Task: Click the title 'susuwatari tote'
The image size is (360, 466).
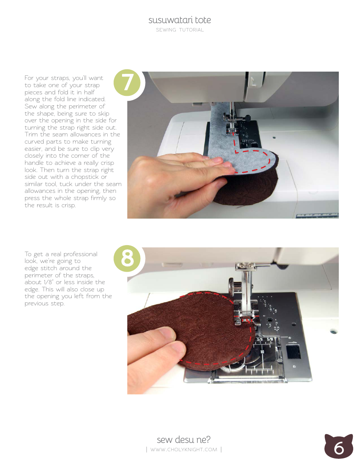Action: point(180,20)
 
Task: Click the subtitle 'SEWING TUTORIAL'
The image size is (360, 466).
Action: point(180,30)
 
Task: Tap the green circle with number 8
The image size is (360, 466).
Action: point(127,259)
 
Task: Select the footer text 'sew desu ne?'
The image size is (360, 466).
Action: point(183,439)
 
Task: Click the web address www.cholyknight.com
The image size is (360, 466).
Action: point(183,450)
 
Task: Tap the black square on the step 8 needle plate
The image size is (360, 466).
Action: point(293,352)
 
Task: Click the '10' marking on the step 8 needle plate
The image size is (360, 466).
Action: point(262,352)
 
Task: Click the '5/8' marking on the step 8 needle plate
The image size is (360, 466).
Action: point(270,339)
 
